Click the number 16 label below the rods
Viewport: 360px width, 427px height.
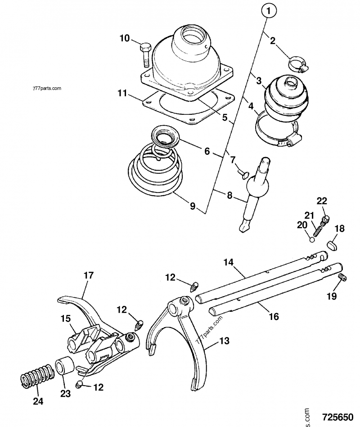click(273, 317)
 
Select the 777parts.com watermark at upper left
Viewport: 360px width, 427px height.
click(46, 88)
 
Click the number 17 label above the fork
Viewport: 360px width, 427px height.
click(89, 275)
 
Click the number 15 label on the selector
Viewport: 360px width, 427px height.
click(66, 318)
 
